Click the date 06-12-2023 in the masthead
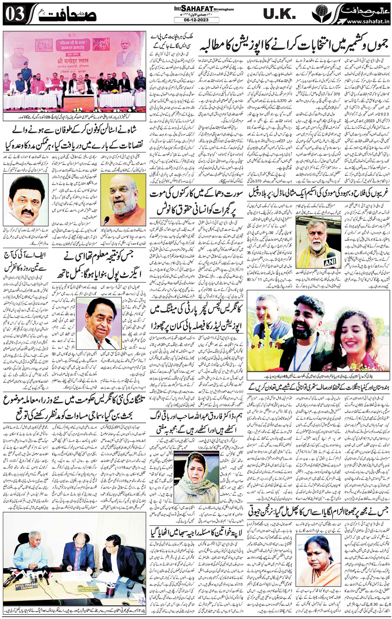tap(196, 20)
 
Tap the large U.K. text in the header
tap(279, 14)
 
